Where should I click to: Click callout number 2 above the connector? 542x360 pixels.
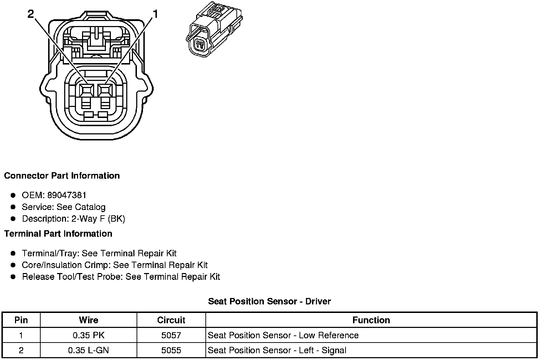31,14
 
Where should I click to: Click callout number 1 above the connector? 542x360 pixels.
155,14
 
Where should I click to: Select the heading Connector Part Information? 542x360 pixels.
62,176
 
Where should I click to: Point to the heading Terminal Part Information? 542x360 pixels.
58,234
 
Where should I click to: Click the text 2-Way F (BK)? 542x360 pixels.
98,218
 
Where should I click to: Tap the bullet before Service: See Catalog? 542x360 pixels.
13,207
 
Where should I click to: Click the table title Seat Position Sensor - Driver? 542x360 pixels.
269,301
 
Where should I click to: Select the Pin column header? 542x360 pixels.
21,320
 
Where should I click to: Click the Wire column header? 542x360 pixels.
88,320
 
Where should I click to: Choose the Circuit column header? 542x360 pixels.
171,320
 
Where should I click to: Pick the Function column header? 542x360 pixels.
371,320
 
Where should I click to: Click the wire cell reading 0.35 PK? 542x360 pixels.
88,335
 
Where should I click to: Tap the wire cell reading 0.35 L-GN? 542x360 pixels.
88,350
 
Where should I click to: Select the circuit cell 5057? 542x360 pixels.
171,335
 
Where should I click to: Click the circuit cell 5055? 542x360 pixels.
171,350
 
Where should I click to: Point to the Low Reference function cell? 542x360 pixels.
283,335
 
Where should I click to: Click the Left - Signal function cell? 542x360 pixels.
277,350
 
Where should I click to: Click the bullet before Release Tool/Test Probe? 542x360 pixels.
13,277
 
